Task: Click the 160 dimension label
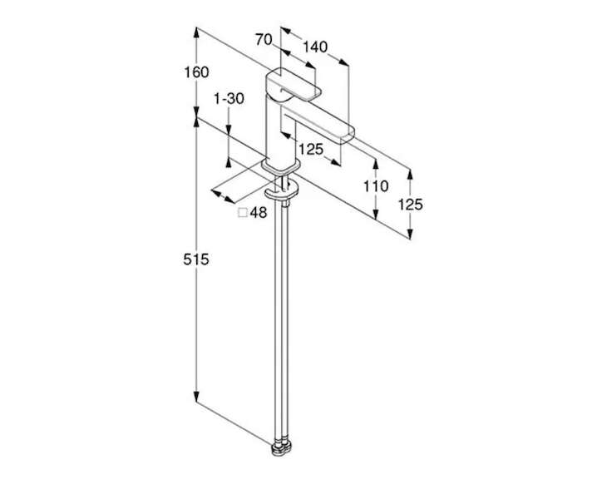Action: click(x=196, y=72)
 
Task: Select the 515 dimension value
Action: click(x=196, y=259)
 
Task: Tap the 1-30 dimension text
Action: click(x=229, y=99)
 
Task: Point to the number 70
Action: click(x=264, y=39)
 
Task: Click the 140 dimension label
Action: click(x=315, y=47)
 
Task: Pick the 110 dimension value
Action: click(x=376, y=185)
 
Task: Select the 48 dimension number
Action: click(x=259, y=212)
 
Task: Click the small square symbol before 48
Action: click(x=243, y=213)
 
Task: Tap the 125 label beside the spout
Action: click(x=311, y=150)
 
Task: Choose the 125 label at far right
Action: click(x=411, y=205)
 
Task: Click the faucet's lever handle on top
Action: click(x=293, y=85)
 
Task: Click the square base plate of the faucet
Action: click(x=281, y=166)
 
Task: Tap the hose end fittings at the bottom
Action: click(x=282, y=447)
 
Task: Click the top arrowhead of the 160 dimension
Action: click(x=196, y=32)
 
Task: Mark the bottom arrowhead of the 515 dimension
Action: click(x=196, y=398)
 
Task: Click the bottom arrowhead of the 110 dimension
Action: click(x=375, y=214)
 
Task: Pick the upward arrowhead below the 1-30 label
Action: click(x=229, y=162)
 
